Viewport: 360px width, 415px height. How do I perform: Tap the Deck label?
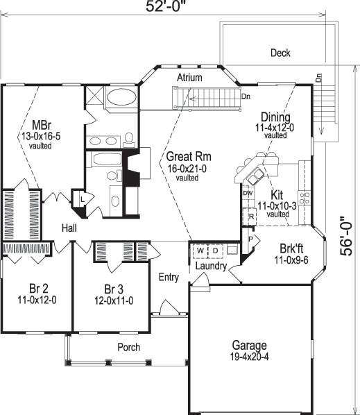pyautogui.click(x=280, y=53)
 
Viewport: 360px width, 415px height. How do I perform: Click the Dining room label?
pyautogui.click(x=275, y=117)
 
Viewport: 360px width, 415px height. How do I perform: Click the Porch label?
pyautogui.click(x=128, y=347)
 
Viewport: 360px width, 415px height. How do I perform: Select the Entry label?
pyautogui.click(x=169, y=278)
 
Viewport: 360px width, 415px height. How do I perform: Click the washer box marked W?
pyautogui.click(x=200, y=250)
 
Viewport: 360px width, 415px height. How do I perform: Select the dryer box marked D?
pyautogui.click(x=214, y=250)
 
